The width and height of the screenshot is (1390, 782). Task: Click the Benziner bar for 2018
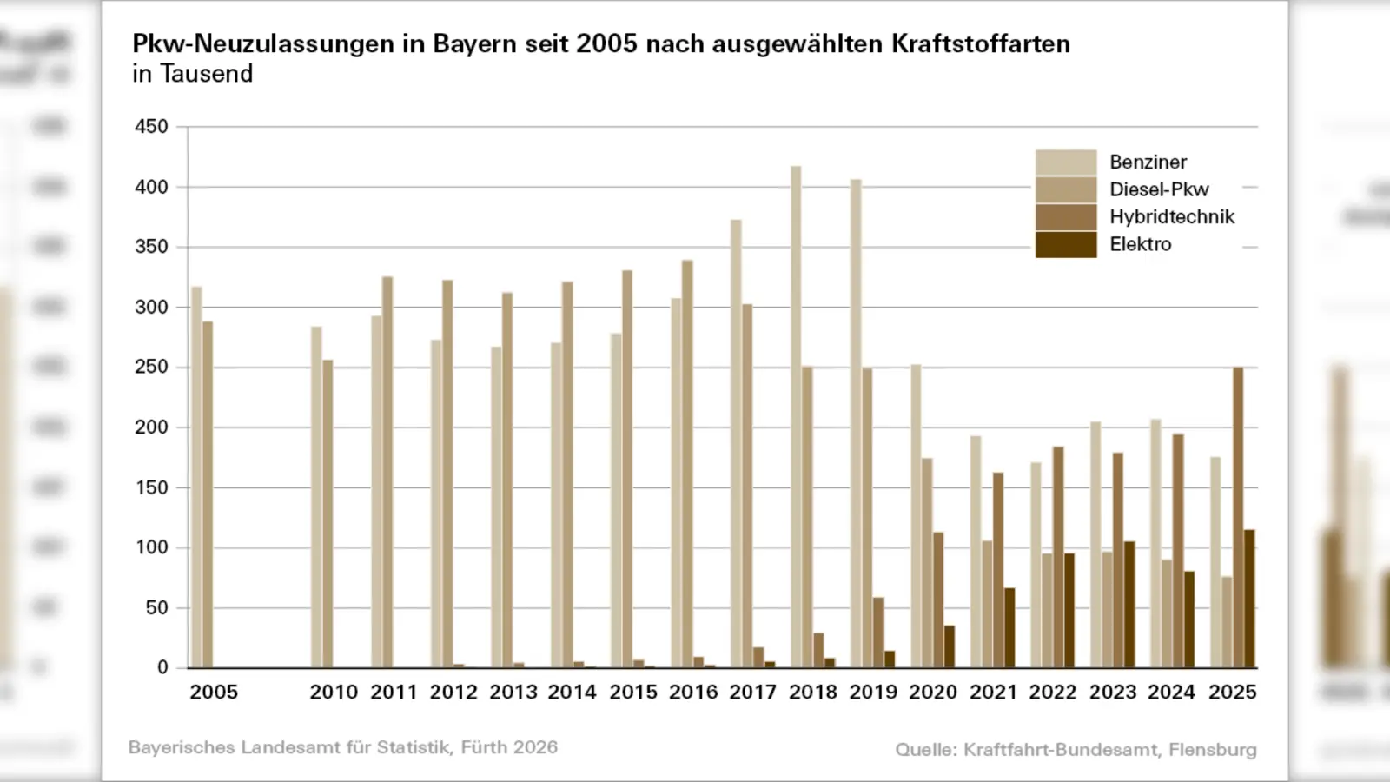(796, 417)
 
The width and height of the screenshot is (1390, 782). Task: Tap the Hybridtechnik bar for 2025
(1238, 517)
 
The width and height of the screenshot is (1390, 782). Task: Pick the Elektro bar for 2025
(1249, 599)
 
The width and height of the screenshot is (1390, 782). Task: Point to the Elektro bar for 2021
(1009, 628)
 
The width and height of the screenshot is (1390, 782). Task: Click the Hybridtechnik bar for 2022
(1058, 557)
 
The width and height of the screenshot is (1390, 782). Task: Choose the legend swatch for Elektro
(1065, 244)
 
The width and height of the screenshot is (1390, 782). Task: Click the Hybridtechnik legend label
(1171, 216)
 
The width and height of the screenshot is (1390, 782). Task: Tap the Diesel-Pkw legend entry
(1159, 189)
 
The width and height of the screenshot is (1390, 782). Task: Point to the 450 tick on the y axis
(151, 127)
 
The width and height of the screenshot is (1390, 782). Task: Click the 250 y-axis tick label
(151, 368)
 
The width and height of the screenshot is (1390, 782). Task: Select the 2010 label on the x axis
(334, 693)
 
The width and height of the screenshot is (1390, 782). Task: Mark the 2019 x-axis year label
(873, 693)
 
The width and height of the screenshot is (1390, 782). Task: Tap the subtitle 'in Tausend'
(192, 74)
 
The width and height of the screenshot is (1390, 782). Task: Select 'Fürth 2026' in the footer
(509, 747)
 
